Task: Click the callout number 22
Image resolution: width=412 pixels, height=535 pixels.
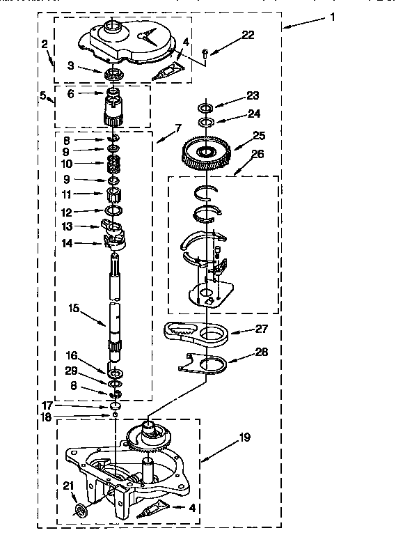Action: (x=248, y=35)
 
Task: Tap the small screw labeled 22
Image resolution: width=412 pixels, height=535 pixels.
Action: (x=205, y=53)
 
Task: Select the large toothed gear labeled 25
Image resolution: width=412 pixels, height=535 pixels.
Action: (x=207, y=153)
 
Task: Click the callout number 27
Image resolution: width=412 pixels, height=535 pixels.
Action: (x=262, y=329)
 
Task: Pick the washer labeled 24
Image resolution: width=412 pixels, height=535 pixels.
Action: (x=207, y=121)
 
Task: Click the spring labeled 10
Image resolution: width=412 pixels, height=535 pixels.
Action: (x=113, y=164)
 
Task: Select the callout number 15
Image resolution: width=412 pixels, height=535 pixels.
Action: (x=74, y=308)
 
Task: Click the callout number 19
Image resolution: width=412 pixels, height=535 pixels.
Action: (x=244, y=437)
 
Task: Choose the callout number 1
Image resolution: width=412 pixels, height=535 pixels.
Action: (x=333, y=17)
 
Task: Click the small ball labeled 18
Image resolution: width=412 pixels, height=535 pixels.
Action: (x=116, y=414)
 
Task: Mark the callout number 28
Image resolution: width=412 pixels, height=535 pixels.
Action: (x=262, y=352)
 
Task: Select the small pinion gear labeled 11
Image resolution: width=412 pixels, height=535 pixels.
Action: (x=113, y=195)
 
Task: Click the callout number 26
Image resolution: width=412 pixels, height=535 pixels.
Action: (x=257, y=154)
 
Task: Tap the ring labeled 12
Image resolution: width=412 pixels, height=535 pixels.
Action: (x=114, y=210)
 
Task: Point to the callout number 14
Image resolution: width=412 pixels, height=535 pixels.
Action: (x=67, y=243)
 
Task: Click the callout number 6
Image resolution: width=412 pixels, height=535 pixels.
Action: (x=70, y=94)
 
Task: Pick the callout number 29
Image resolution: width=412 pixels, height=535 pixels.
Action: (x=71, y=371)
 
